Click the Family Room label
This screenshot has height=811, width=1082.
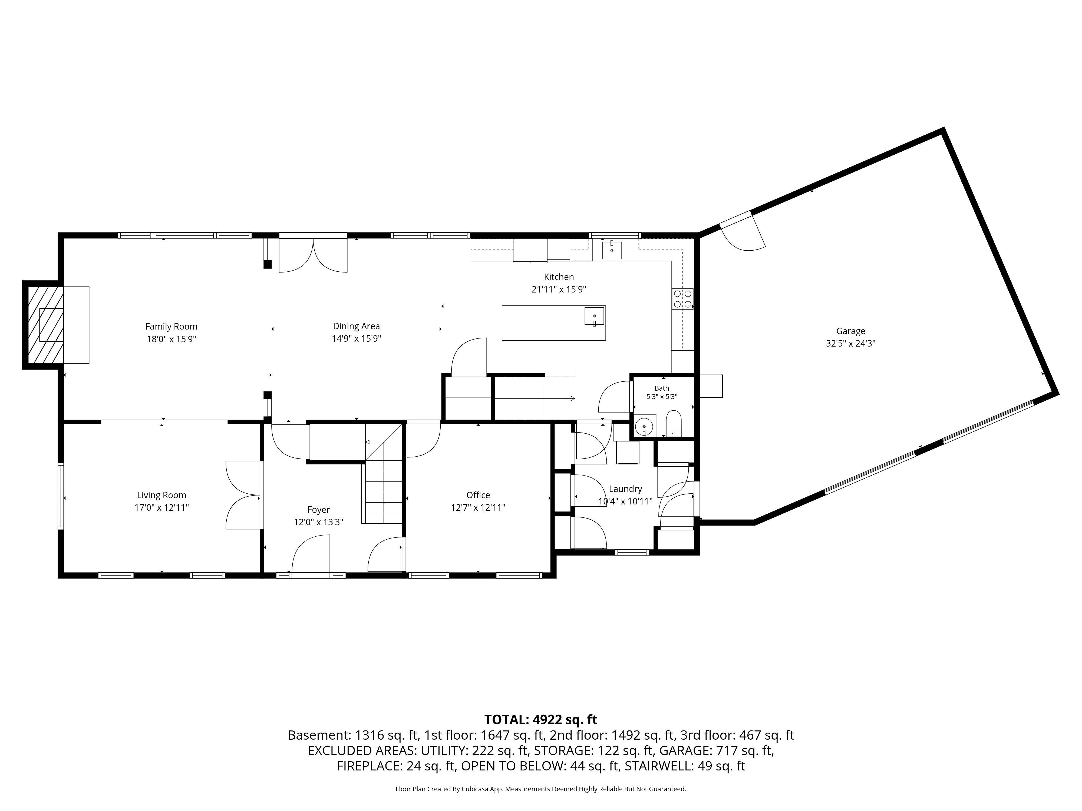point(171,327)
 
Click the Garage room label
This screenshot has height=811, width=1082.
point(851,331)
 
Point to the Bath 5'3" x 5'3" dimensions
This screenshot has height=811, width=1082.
point(662,397)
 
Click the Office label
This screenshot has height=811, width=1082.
point(478,495)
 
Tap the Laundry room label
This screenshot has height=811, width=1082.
point(625,489)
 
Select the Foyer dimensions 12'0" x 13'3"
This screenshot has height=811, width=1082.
point(318,522)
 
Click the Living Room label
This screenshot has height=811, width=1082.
point(161,495)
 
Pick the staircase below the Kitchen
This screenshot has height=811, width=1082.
point(535,397)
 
